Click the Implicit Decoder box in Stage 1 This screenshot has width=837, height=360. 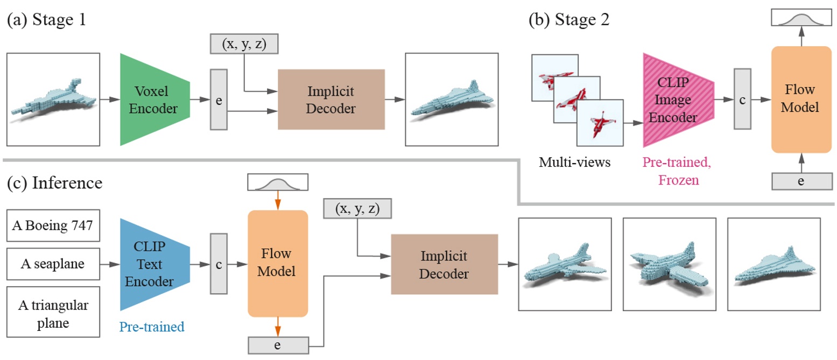tap(331, 100)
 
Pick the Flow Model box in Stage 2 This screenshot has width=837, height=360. tap(801, 100)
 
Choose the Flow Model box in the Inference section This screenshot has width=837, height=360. tap(277, 264)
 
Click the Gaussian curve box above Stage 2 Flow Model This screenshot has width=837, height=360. tap(801, 19)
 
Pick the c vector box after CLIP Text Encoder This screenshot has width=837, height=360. tap(218, 264)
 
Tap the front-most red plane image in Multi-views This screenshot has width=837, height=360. tap(600, 123)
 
